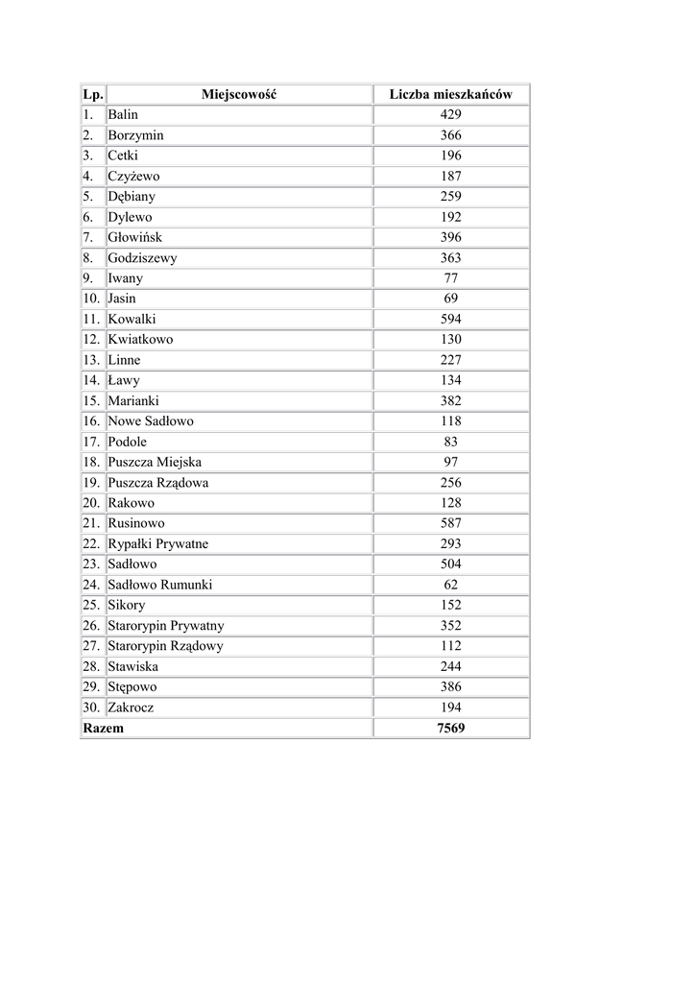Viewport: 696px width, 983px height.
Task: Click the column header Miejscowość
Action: coord(239,94)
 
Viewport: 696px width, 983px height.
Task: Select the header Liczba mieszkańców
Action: coord(450,94)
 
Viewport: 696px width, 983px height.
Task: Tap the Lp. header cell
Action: coord(92,94)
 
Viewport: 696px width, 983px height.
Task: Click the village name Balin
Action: coord(123,114)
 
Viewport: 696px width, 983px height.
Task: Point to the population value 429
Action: coord(450,114)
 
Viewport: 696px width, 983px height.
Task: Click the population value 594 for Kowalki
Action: coord(450,319)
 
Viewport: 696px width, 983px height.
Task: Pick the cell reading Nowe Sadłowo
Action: coord(151,420)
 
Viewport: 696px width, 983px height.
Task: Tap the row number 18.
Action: coord(91,462)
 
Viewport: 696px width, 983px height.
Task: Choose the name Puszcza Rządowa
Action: coord(157,483)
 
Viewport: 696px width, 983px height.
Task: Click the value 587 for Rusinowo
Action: coord(450,523)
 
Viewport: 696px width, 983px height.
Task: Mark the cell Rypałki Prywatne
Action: coord(157,543)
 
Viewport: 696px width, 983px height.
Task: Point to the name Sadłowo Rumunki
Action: coord(159,585)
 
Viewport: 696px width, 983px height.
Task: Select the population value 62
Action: coord(450,585)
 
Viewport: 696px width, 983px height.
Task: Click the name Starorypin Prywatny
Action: coord(165,625)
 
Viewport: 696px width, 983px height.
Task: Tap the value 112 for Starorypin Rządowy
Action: coord(450,646)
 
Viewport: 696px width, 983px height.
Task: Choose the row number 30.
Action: coord(91,707)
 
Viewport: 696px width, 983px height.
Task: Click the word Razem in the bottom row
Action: coord(104,728)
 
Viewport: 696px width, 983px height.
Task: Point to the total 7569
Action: coord(450,728)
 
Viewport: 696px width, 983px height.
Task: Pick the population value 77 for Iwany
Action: coord(450,278)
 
